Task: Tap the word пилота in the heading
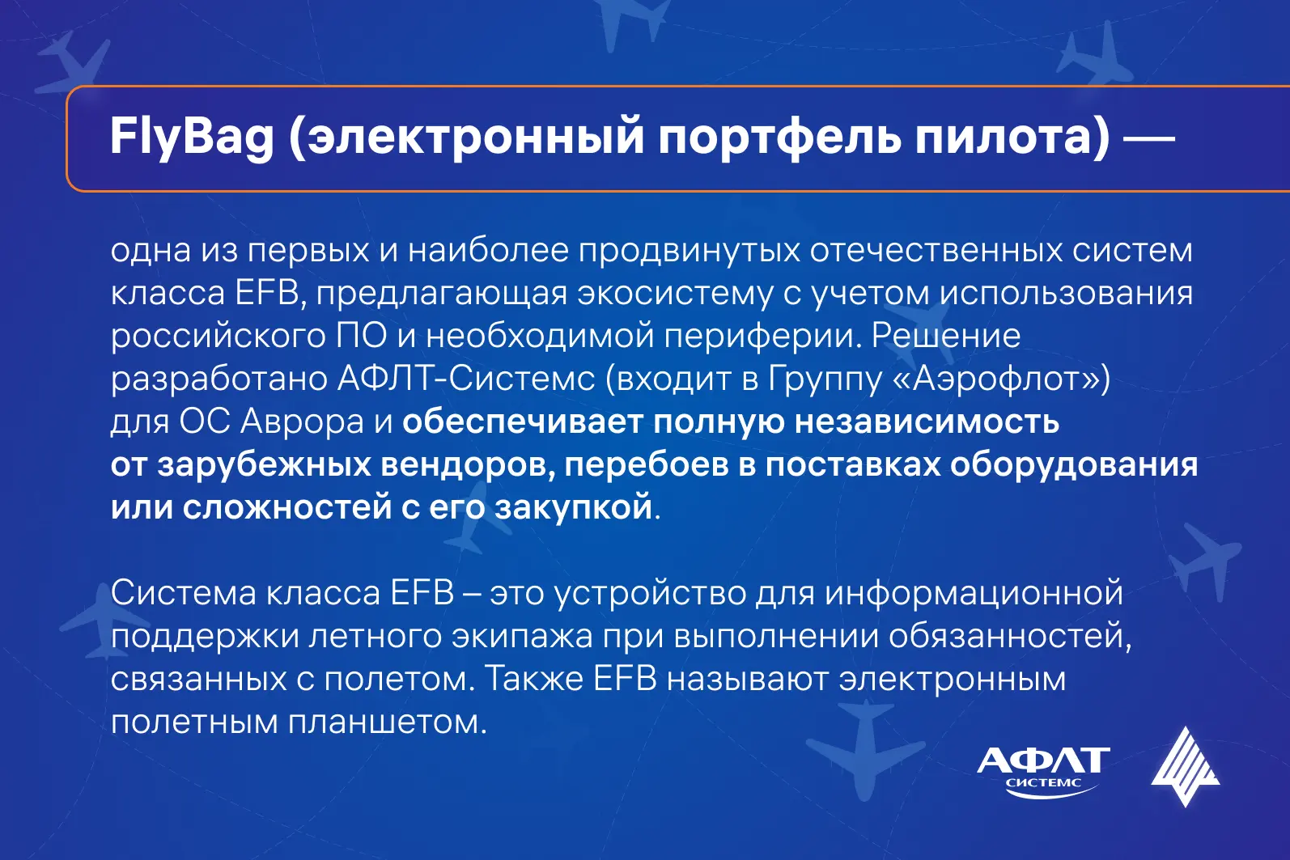[x=1001, y=138]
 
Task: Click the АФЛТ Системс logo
[x=1043, y=772]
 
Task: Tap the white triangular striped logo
[x=1185, y=767]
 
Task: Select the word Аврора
[x=303, y=422]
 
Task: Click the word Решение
[x=945, y=336]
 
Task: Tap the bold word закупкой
[x=573, y=507]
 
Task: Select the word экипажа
[x=522, y=637]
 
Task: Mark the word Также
[x=533, y=680]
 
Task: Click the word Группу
[x=825, y=379]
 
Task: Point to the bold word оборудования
[x=1074, y=465]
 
